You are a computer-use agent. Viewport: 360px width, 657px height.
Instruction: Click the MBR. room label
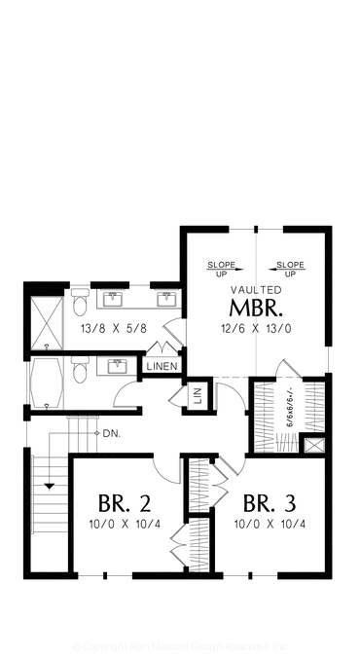pyautogui.click(x=257, y=310)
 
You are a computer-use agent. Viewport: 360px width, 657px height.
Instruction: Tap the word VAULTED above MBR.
pyautogui.click(x=257, y=290)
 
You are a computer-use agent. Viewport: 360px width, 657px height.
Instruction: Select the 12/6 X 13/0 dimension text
pyautogui.click(x=257, y=329)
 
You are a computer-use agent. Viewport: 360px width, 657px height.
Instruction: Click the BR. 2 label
pyautogui.click(x=124, y=504)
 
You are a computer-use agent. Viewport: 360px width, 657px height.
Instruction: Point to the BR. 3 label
pyautogui.click(x=270, y=504)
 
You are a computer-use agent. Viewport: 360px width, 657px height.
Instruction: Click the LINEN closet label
pyautogui.click(x=162, y=366)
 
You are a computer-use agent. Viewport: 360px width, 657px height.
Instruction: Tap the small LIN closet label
pyautogui.click(x=197, y=395)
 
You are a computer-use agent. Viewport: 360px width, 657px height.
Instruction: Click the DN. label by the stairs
pyautogui.click(x=111, y=433)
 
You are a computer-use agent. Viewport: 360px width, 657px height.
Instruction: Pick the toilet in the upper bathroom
pyautogui.click(x=80, y=305)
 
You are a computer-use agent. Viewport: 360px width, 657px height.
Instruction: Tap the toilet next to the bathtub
pyautogui.click(x=82, y=372)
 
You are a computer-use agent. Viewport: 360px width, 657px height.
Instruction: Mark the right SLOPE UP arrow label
pyautogui.click(x=289, y=269)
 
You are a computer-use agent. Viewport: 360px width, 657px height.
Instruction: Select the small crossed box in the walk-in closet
pyautogui.click(x=313, y=446)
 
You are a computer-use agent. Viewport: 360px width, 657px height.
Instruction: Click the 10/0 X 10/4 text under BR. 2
pyautogui.click(x=124, y=526)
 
